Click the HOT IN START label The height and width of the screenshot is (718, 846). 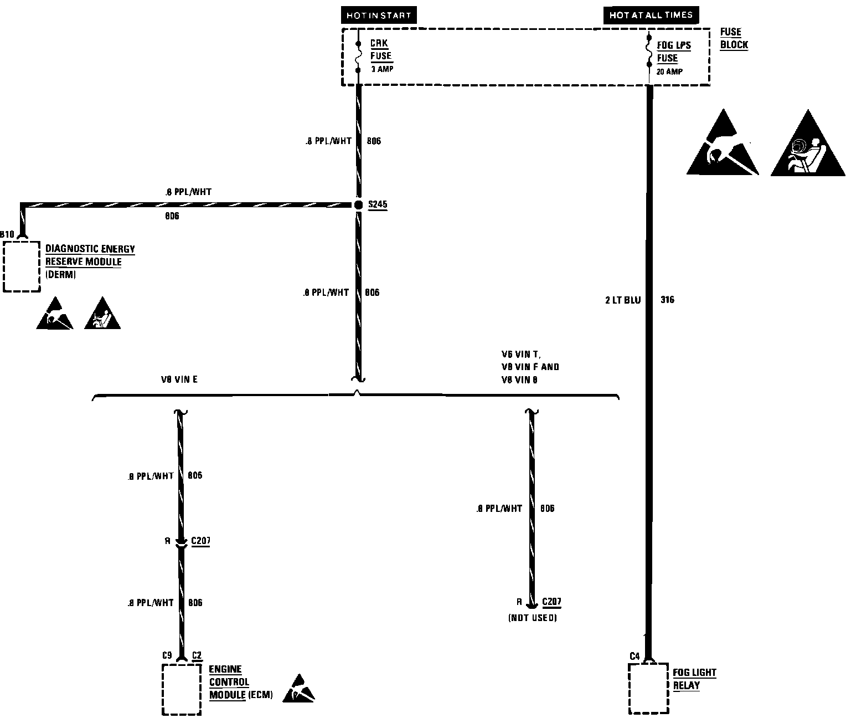[379, 16]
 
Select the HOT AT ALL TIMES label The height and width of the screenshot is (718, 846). [651, 15]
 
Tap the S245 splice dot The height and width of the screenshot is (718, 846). [358, 205]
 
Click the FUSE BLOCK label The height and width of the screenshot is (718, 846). [734, 38]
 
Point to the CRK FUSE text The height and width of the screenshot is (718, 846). [380, 49]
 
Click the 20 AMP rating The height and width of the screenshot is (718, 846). [669, 71]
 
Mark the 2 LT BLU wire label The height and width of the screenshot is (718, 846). [623, 300]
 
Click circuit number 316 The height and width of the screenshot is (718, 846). [667, 300]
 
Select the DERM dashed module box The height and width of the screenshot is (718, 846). [22, 266]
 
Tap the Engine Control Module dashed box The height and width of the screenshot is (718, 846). [181, 689]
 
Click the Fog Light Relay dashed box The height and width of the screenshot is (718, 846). [648, 688]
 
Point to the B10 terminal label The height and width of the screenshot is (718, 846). [7, 234]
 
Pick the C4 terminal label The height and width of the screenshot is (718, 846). [634, 657]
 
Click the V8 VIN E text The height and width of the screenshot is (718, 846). [179, 379]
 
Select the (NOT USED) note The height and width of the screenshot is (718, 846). [532, 618]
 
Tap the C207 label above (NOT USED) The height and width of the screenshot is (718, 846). [551, 602]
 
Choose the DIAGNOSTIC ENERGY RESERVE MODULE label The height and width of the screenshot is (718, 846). [90, 255]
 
